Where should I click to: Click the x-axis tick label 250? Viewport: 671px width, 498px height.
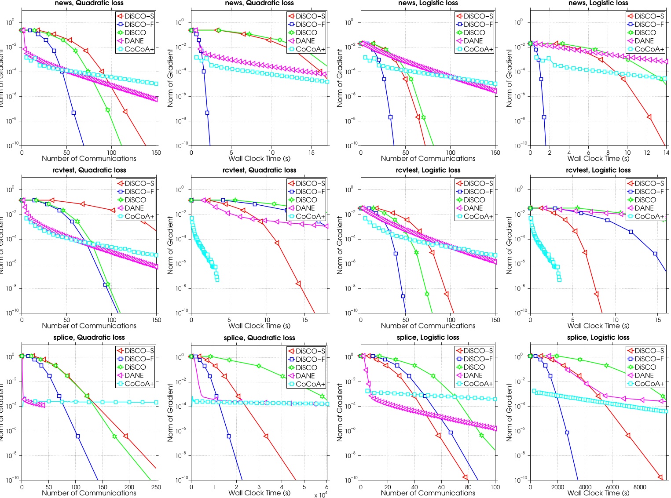tap(156, 487)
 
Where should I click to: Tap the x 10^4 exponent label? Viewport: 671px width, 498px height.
tap(321, 495)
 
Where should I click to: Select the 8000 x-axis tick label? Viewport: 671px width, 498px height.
tap(640, 487)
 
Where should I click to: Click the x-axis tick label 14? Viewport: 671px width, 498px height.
tap(666, 153)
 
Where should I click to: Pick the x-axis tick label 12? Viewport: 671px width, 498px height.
tap(647, 153)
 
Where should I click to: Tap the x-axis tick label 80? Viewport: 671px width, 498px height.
tap(468, 487)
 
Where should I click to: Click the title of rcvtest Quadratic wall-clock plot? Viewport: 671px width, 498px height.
tap(259, 170)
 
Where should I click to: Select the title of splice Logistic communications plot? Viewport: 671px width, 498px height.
tap(428, 337)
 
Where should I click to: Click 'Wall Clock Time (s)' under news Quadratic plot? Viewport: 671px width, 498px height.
tap(259, 159)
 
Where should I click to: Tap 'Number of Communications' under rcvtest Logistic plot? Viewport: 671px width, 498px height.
tap(428, 326)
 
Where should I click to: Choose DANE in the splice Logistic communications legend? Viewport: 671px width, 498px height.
tap(473, 375)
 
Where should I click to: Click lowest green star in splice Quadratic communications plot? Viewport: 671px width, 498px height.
tap(114, 436)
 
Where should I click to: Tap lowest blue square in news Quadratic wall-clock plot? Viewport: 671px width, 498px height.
tap(207, 113)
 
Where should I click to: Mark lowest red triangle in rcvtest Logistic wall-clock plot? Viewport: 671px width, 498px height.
tap(597, 294)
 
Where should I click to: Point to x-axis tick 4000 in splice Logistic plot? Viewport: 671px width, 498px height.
tap(585, 487)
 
